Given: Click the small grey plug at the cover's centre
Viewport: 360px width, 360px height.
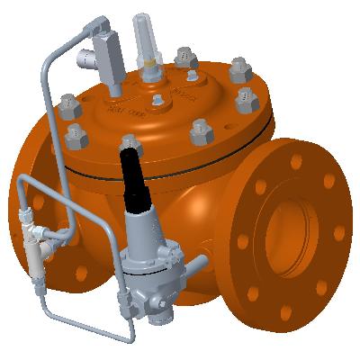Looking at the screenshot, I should [158, 99].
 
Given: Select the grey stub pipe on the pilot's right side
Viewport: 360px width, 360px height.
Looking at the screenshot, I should [195, 265].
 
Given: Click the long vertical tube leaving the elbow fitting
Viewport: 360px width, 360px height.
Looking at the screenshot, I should [43, 135].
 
